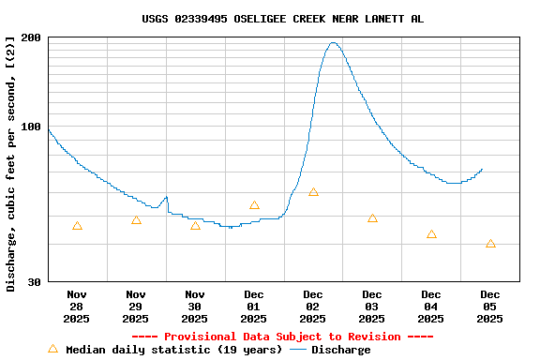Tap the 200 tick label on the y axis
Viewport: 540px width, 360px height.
(x=31, y=37)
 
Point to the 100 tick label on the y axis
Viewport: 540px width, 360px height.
(x=31, y=127)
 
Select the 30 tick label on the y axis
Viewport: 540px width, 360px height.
(x=34, y=282)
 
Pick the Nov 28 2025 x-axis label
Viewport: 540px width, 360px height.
(x=77, y=307)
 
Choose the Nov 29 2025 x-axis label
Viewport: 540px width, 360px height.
(x=136, y=307)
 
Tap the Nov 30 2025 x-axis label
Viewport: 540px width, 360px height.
(x=195, y=307)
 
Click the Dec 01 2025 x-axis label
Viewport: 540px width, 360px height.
(x=254, y=307)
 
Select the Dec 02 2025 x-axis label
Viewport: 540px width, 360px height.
(x=313, y=307)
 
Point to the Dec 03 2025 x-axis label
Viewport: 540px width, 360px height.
(x=372, y=307)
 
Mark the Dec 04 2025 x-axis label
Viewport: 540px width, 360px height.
(x=431, y=307)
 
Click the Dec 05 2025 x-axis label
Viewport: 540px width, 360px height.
(x=490, y=307)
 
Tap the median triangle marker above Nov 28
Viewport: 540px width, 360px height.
(x=77, y=226)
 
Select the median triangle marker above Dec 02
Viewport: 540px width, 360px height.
(x=313, y=192)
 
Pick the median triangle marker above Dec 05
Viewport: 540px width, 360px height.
(x=490, y=244)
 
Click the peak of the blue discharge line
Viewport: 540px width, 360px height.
(x=333, y=42)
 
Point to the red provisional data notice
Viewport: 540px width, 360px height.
(x=282, y=337)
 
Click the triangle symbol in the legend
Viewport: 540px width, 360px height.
(x=52, y=349)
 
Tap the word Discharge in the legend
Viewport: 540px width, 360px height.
(x=340, y=350)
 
